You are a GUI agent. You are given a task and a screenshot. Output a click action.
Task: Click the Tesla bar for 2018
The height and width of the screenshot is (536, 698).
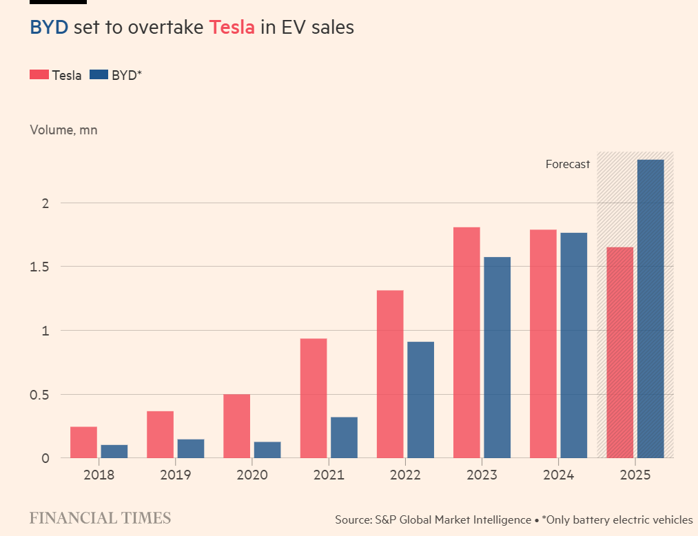click(x=83, y=442)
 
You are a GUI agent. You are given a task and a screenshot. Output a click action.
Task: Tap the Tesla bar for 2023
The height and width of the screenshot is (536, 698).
click(x=466, y=342)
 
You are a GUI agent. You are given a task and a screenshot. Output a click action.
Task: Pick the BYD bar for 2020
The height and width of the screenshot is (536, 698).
click(x=267, y=450)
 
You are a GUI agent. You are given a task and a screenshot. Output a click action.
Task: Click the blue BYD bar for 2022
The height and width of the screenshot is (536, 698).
click(x=420, y=400)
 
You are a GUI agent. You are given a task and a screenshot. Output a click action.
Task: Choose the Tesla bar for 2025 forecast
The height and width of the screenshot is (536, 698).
click(x=619, y=352)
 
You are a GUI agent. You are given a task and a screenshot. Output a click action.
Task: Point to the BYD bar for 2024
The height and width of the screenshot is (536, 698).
click(x=574, y=345)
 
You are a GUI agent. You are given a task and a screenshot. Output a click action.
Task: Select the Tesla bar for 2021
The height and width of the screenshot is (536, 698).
click(x=314, y=398)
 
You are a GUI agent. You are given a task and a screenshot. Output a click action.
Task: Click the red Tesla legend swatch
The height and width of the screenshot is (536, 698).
click(x=39, y=75)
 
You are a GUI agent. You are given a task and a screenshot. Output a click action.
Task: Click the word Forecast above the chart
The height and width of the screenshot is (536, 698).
click(x=568, y=164)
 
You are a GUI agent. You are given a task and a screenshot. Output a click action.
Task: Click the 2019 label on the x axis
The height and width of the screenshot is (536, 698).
click(x=175, y=475)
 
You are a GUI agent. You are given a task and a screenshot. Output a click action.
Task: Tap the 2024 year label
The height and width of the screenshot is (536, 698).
click(x=558, y=475)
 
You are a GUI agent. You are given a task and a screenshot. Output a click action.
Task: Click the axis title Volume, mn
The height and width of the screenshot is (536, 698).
click(x=63, y=130)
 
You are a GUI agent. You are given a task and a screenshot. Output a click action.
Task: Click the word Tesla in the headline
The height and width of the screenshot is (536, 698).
click(x=232, y=28)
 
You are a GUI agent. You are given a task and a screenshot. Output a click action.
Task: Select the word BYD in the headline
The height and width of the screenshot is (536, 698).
click(x=48, y=28)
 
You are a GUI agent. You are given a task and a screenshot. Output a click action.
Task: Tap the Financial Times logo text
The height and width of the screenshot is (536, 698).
click(x=100, y=518)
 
